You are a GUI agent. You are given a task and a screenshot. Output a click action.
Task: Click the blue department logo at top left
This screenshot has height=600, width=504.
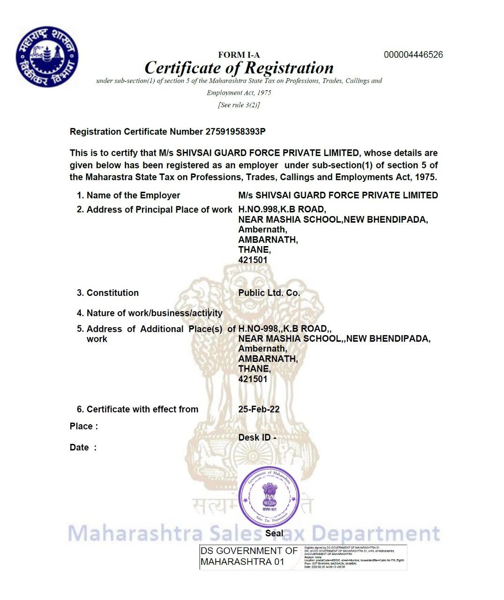[x=47, y=57]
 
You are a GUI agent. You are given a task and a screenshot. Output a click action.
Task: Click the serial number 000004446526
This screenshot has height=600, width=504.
[x=413, y=55]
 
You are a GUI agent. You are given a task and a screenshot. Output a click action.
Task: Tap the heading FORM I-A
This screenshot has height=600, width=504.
[x=239, y=55]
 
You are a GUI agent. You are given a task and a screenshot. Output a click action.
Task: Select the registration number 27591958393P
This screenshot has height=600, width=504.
[x=235, y=132]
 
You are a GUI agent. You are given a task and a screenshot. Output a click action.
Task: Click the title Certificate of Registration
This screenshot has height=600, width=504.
[x=239, y=68]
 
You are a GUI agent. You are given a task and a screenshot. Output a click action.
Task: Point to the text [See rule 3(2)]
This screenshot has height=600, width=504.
[x=239, y=105]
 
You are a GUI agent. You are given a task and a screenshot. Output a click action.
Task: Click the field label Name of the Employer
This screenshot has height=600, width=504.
[x=133, y=195]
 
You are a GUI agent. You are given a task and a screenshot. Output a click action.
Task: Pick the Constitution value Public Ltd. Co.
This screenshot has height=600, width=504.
[x=269, y=293]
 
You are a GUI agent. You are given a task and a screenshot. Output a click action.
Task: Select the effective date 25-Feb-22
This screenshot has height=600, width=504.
[x=259, y=409]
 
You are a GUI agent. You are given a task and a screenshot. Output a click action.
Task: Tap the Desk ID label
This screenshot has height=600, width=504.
[x=257, y=437]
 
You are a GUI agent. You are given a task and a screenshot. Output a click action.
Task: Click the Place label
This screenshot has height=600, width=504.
[x=83, y=426]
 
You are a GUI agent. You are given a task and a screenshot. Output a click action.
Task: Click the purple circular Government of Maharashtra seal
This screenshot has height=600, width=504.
[x=269, y=497]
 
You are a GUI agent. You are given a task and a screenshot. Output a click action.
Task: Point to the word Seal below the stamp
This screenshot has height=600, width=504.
[x=274, y=533]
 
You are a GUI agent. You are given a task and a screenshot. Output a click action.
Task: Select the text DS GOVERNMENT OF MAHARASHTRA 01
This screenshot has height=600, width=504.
[x=248, y=556]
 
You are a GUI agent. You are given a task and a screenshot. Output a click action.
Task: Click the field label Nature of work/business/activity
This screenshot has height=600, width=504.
[x=154, y=313]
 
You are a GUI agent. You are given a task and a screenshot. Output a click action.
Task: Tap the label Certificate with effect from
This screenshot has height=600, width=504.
[x=142, y=409]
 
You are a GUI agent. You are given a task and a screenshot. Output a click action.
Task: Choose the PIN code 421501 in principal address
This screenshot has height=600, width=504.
[x=253, y=260]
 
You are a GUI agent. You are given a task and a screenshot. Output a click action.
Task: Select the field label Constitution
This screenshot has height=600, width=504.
[x=113, y=293]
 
